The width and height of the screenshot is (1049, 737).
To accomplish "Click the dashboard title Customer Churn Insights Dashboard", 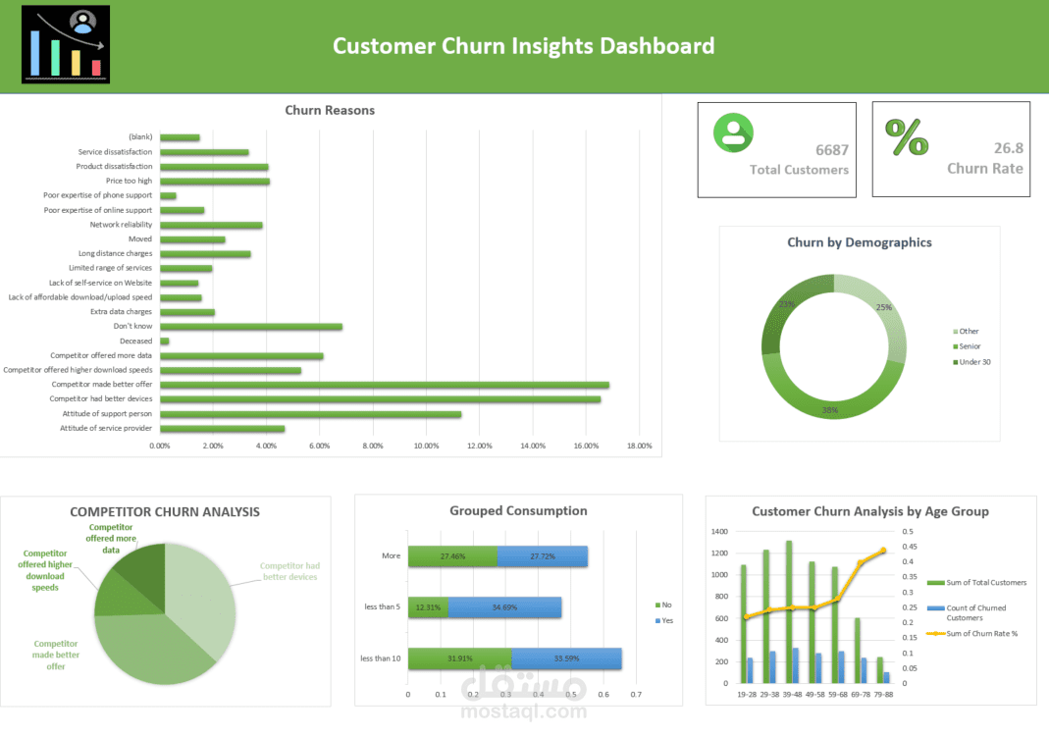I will [x=523, y=46].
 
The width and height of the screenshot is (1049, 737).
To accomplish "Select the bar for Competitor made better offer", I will [x=384, y=385].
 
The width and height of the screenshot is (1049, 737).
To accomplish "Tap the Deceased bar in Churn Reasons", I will [x=165, y=342].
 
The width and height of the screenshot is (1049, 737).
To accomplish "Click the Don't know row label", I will [x=132, y=327].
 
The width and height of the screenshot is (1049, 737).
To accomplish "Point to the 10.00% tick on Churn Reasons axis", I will [x=426, y=446].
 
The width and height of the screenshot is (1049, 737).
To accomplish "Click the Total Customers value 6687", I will [x=832, y=150].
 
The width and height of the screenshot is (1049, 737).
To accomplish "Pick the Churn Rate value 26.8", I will [x=1008, y=148].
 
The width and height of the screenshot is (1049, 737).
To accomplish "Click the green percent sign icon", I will [x=907, y=137].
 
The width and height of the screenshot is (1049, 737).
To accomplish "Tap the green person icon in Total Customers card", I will [x=732, y=132].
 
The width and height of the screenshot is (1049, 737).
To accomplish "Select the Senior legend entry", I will [x=969, y=346].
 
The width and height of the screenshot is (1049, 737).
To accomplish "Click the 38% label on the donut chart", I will [x=830, y=409].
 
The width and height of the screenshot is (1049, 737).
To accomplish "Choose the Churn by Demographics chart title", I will [x=859, y=242].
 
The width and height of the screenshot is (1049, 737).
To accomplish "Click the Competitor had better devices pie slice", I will [x=201, y=589].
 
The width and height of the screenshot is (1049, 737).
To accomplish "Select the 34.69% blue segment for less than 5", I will [x=504, y=607].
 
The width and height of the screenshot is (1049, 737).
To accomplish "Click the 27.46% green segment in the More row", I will [x=452, y=556].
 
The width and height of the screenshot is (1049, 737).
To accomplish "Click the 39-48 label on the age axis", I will [x=790, y=694].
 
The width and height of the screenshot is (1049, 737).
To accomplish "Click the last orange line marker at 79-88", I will [x=883, y=551].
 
